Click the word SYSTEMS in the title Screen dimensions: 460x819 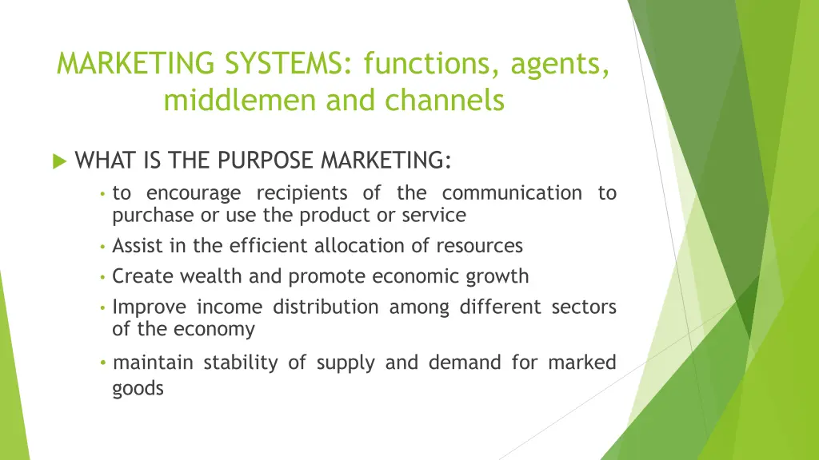[x=282, y=64]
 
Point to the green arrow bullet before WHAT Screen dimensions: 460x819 [x=58, y=161]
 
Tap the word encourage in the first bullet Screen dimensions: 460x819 [x=194, y=193]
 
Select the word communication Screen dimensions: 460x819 [x=512, y=193]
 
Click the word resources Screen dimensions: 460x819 [x=481, y=245]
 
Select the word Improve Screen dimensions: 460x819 [x=150, y=307]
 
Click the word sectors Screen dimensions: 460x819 [x=584, y=307]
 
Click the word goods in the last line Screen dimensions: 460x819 [x=138, y=389]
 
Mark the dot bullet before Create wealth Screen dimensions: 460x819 [x=103, y=277]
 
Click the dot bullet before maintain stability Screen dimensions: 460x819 [x=103, y=363]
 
